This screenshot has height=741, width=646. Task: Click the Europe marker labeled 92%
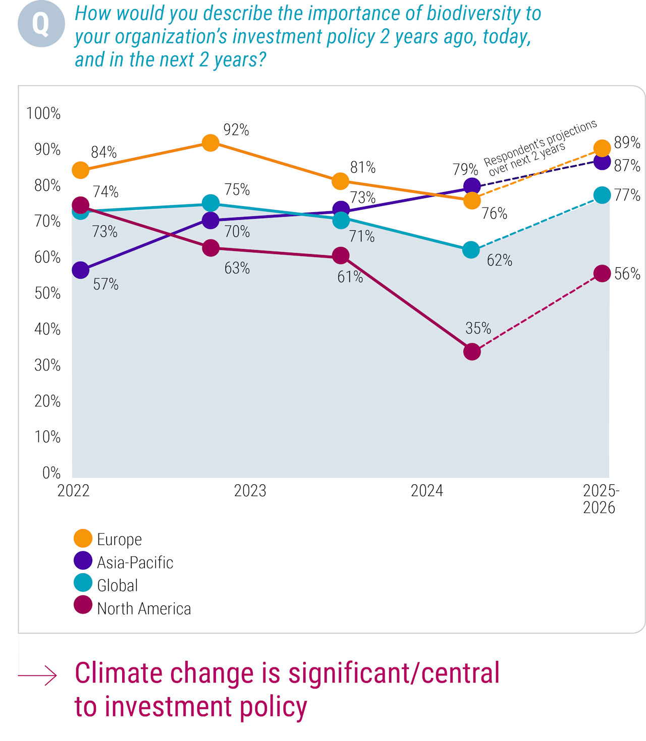[210, 143]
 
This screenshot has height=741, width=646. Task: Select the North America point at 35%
[472, 351]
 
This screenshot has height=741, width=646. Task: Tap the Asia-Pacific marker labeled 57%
[80, 270]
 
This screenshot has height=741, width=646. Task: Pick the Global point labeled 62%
[471, 250]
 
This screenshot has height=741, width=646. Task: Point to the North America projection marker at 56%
[602, 274]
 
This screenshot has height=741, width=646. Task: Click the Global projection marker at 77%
[602, 195]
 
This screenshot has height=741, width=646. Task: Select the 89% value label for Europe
[627, 143]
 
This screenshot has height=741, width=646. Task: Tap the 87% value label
[627, 166]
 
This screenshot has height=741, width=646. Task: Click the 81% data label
[363, 167]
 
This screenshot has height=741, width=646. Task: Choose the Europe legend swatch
[83, 538]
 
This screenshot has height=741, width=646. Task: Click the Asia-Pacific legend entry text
[135, 563]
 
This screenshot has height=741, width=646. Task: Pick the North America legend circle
[83, 605]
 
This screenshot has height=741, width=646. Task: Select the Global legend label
[117, 586]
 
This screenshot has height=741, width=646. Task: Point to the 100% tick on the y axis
[43, 113]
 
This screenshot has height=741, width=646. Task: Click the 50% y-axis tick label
[47, 293]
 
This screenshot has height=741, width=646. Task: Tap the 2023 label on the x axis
[250, 491]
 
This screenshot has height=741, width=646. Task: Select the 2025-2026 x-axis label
[600, 499]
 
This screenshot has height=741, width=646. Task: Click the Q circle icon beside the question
[41, 24]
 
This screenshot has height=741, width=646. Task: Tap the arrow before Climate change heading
[38, 675]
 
